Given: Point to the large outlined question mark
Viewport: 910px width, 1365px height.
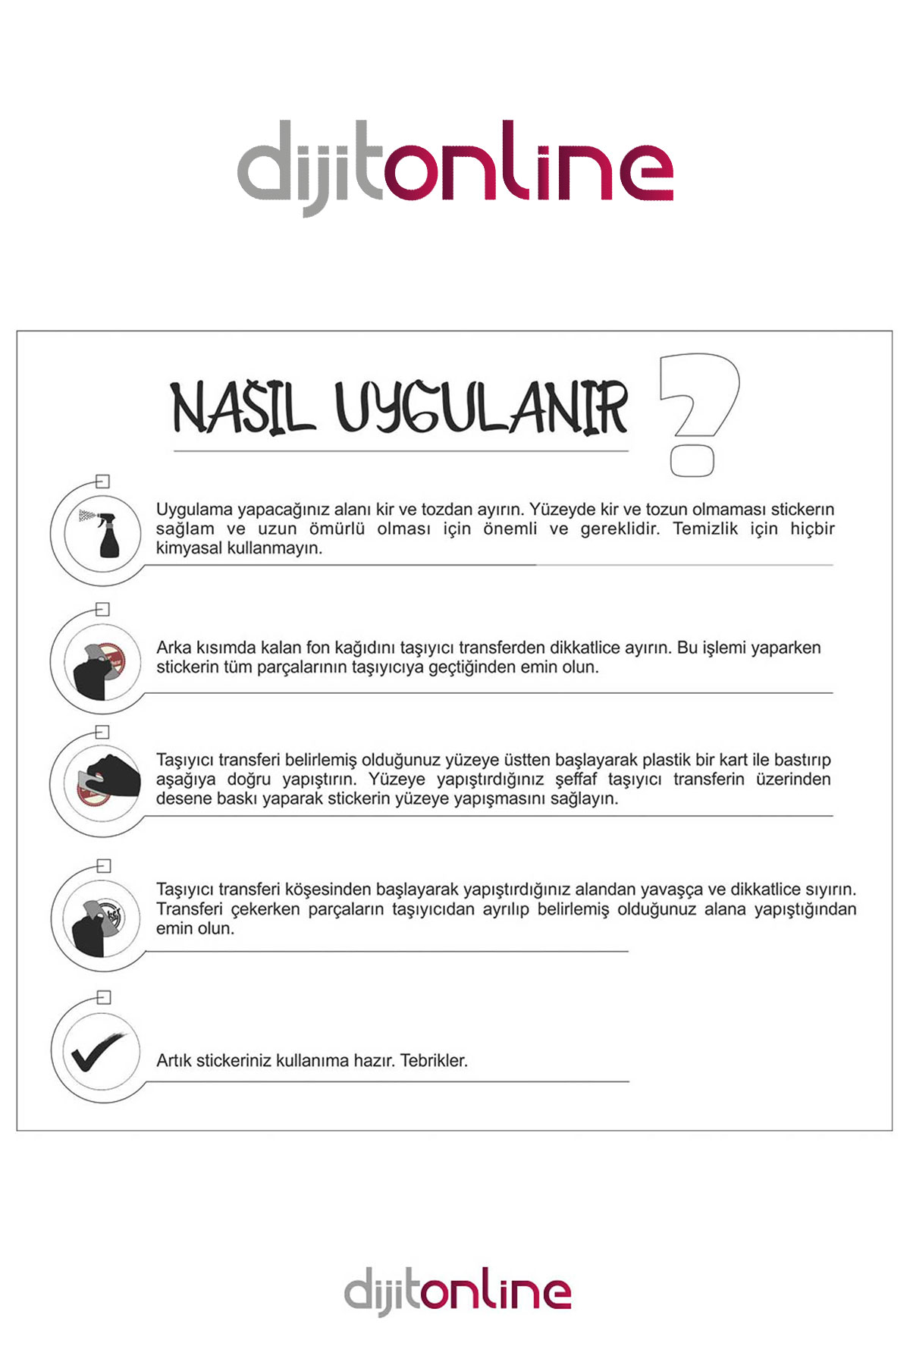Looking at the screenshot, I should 698,413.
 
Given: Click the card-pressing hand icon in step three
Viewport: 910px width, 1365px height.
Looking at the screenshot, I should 106,783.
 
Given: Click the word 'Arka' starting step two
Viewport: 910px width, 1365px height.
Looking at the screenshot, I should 174,648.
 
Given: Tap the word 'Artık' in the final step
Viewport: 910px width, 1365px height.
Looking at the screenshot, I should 174,1060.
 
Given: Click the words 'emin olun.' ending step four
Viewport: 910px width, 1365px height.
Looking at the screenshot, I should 195,928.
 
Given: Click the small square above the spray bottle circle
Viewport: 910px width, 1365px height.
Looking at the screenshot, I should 103,481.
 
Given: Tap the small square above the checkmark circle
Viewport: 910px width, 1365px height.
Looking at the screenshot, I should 104,997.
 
